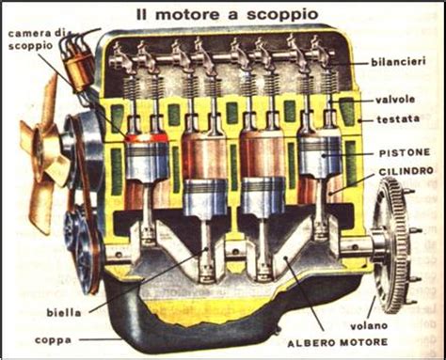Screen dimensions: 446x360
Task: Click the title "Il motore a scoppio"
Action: [x=227, y=14]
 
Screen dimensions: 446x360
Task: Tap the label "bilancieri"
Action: [x=398, y=62]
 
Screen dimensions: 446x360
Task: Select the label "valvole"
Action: [x=395, y=100]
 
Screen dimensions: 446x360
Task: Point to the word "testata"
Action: [x=398, y=119]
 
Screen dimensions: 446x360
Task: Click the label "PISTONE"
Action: [x=405, y=153]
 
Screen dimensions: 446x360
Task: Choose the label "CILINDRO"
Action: [x=406, y=172]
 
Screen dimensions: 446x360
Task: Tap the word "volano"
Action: [x=369, y=326]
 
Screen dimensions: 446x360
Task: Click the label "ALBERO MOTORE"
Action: [x=338, y=342]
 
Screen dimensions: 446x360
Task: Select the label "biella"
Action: [x=64, y=312]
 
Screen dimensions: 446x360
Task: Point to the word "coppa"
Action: [x=53, y=340]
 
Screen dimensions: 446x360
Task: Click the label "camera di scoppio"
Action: [x=35, y=39]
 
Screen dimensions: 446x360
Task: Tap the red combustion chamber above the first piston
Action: [x=146, y=138]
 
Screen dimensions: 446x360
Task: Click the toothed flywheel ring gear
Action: [x=392, y=244]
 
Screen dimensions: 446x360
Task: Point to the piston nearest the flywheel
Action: [x=320, y=153]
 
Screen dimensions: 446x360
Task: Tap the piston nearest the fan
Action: [x=147, y=160]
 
